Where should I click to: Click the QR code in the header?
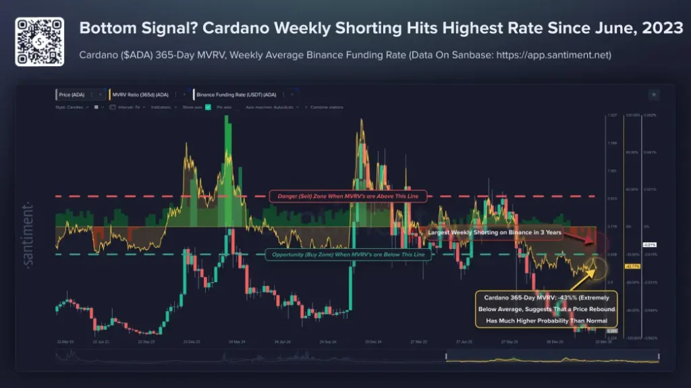pos(40,41)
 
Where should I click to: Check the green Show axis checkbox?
pos(208,107)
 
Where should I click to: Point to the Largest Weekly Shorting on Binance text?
pos(495,232)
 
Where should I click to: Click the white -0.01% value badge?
pos(649,244)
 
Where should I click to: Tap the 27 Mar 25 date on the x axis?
pos(418,342)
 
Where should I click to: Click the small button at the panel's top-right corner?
pos(653,95)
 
